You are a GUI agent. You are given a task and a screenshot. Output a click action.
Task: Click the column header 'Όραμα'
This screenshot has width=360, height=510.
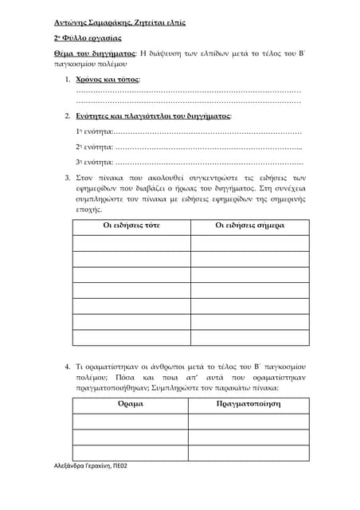coord(131,404)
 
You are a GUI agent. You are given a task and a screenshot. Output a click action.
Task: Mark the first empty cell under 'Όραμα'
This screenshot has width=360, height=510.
coord(131,421)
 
